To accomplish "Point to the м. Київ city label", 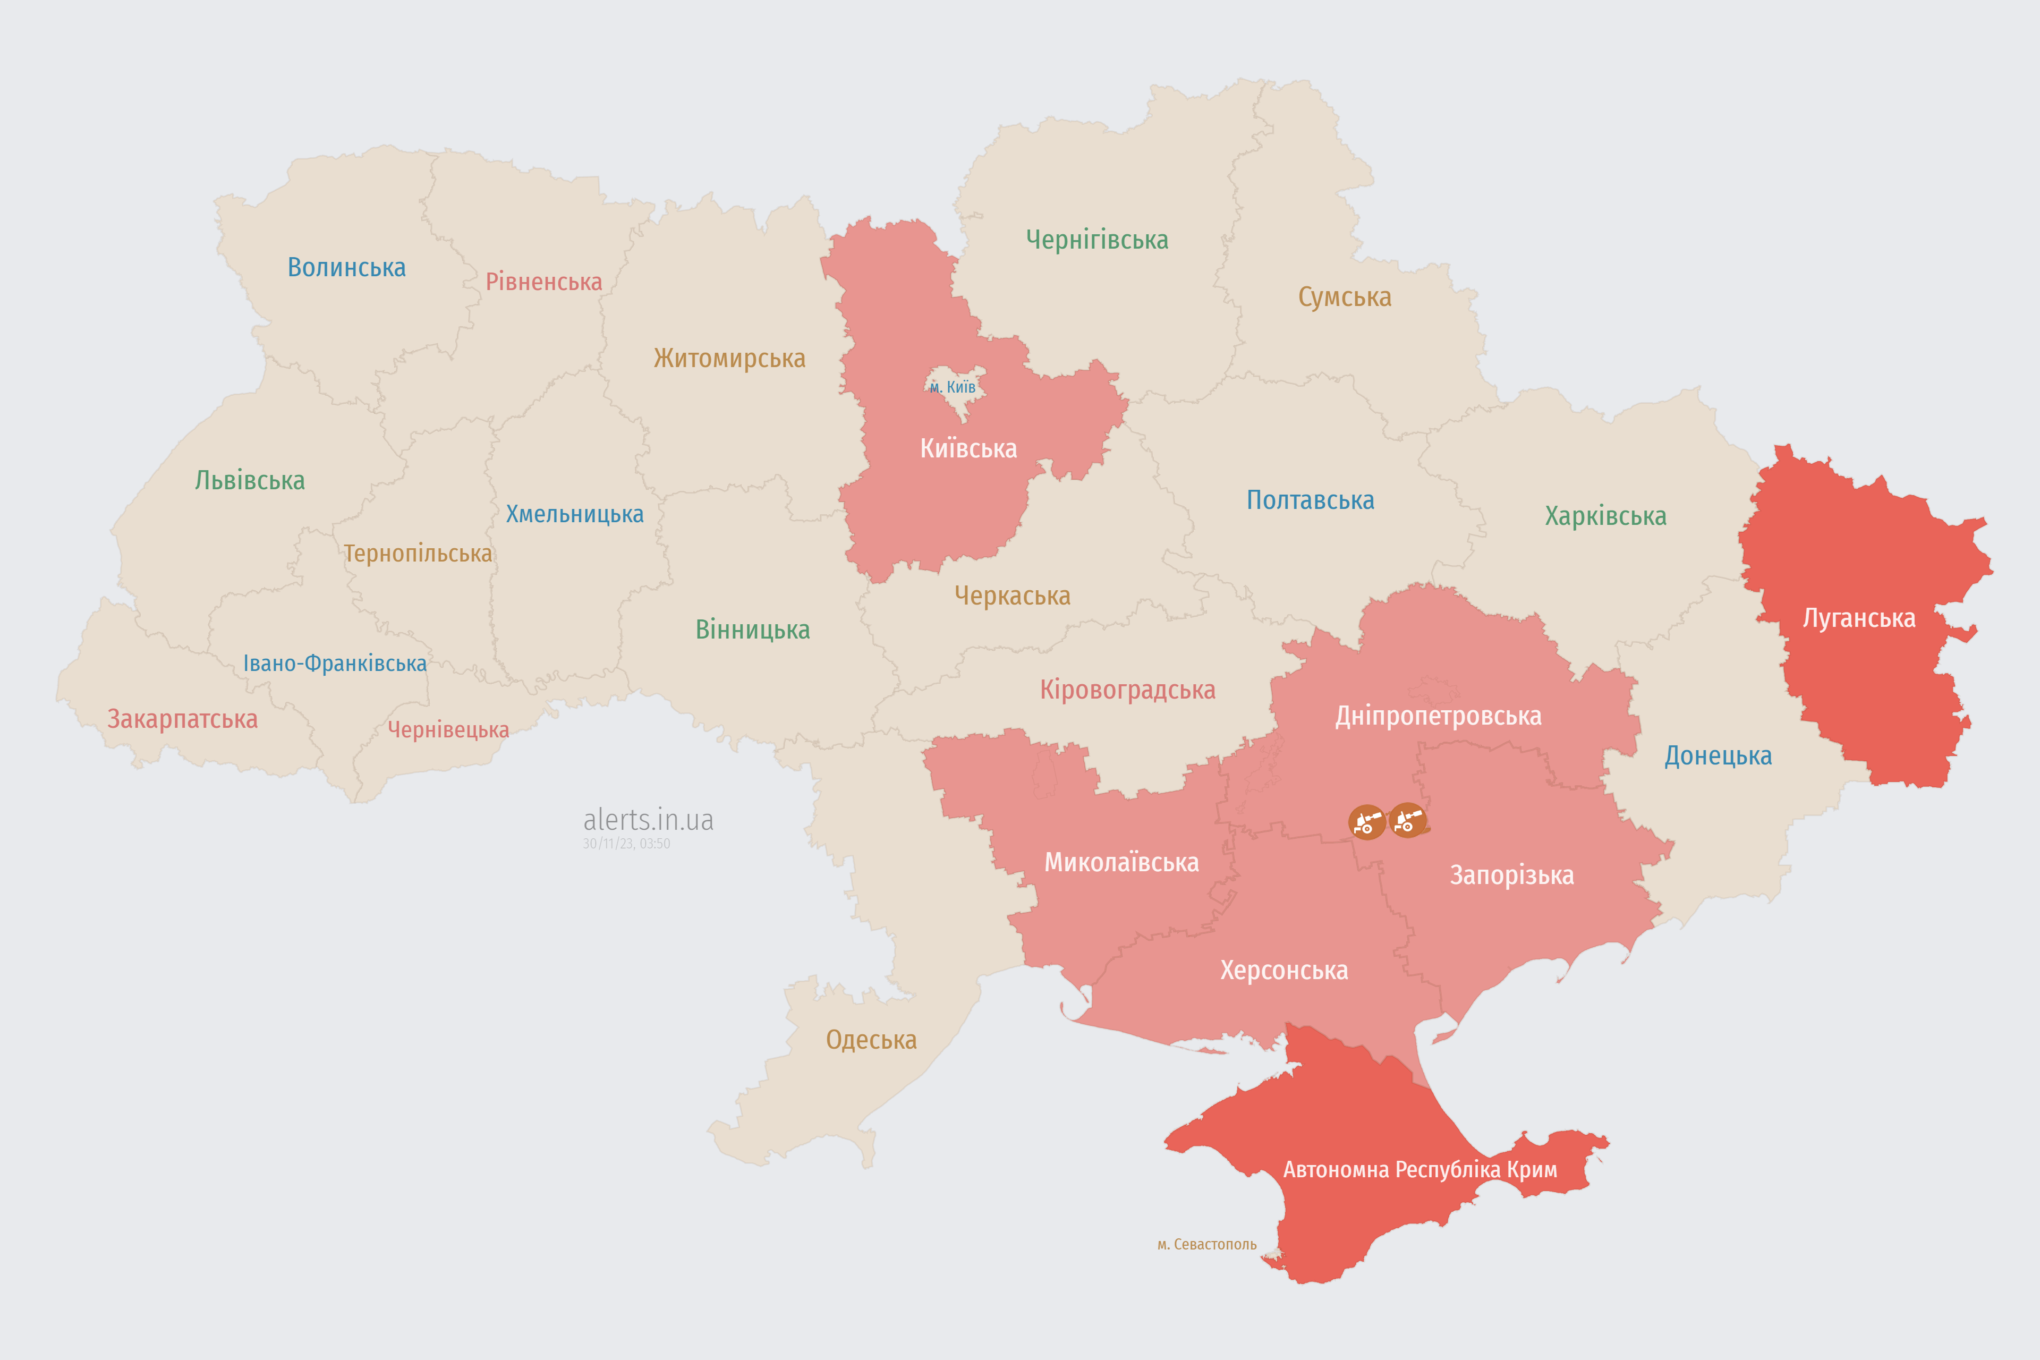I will click(x=953, y=387).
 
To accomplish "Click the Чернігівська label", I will click(x=1096, y=240).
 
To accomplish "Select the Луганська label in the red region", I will click(x=1859, y=618).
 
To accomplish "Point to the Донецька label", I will click(x=1718, y=755).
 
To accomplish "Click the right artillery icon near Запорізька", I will click(x=1407, y=820).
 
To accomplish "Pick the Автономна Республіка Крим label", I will click(x=1420, y=1170).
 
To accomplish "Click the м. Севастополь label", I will click(x=1206, y=1245).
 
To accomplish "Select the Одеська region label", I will click(x=871, y=1040).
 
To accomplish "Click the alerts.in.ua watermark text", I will click(x=648, y=820).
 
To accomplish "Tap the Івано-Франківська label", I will click(x=335, y=664).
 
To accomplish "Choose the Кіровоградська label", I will click(x=1127, y=691).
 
